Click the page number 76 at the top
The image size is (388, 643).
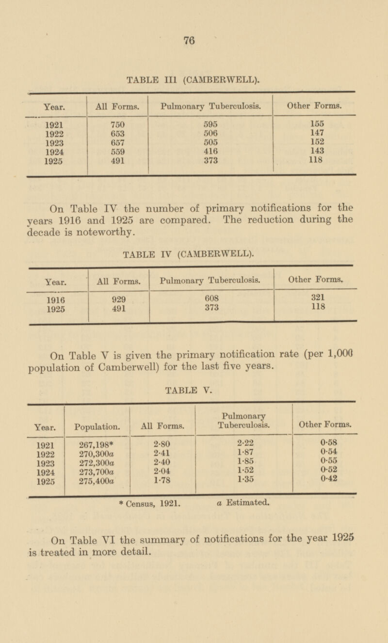189,42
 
